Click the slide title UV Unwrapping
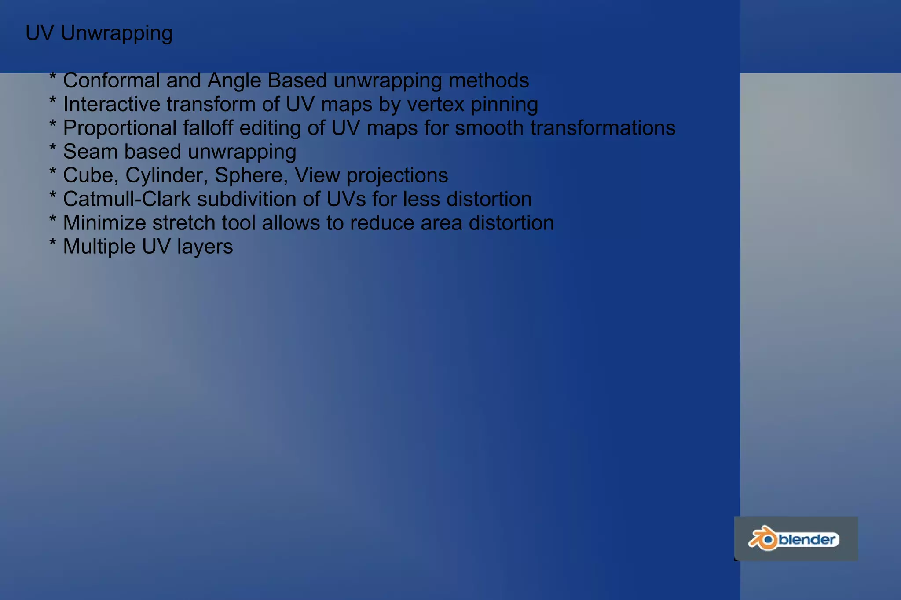(99, 33)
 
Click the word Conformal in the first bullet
(111, 80)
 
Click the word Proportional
(120, 128)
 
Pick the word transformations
(602, 128)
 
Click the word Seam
(90, 152)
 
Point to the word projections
(397, 175)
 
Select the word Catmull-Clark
(127, 199)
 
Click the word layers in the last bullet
(205, 247)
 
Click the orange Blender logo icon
(763, 538)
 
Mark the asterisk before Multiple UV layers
(53, 243)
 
